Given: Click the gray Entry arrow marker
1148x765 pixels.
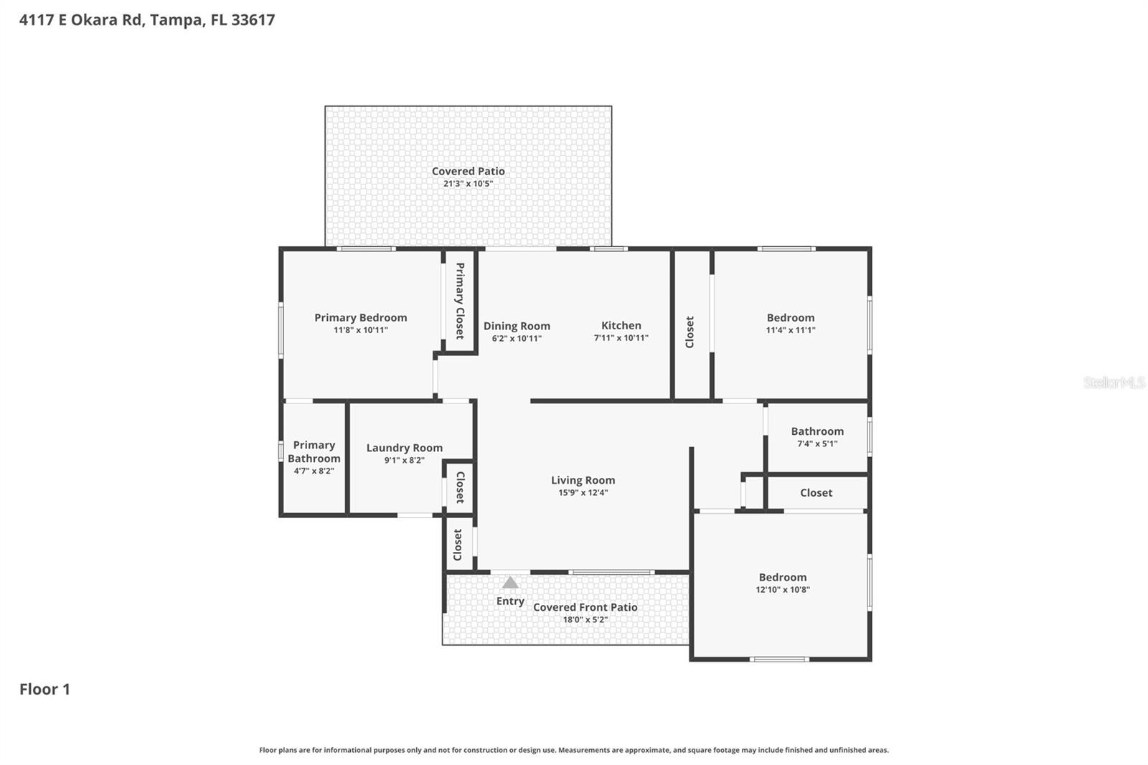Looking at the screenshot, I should tap(510, 583).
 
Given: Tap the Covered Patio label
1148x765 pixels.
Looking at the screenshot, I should tap(468, 171).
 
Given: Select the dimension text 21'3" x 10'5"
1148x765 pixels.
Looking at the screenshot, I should tap(468, 184).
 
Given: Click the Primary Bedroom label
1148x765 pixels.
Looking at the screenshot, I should tap(360, 317).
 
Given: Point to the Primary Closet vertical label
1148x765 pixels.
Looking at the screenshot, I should tap(460, 301).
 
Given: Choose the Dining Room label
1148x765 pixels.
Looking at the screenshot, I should tap(517, 326).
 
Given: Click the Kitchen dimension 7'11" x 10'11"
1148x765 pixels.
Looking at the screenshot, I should tap(621, 338).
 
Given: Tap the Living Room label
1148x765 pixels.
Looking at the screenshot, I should tap(583, 480).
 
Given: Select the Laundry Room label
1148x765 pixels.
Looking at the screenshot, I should tap(404, 448).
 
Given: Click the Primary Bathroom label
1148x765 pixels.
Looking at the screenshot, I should tap(314, 451).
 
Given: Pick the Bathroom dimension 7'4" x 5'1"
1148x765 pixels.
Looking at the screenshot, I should tap(817, 443).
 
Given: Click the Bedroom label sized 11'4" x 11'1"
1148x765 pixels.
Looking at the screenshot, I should tap(790, 317).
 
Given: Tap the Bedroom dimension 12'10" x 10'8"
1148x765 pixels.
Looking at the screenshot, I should tap(782, 590).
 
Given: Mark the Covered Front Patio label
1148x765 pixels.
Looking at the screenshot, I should tap(585, 607).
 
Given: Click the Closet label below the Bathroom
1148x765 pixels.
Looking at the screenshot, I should tap(816, 492).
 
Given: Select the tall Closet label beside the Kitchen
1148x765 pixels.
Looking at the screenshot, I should tap(690, 332).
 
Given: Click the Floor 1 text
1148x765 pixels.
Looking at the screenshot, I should tap(44, 689).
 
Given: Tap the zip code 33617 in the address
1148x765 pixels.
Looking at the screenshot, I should tap(253, 20).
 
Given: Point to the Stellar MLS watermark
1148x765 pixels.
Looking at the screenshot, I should tap(1114, 382).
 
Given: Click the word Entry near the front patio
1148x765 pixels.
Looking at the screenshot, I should tap(510, 601).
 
